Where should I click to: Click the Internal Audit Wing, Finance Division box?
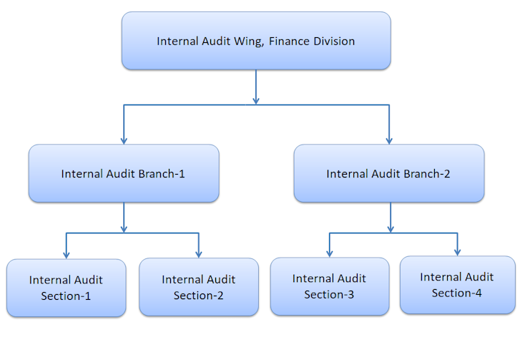pos(256,41)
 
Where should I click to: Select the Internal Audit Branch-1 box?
pos(124,173)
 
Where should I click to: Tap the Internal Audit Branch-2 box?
pos(389,173)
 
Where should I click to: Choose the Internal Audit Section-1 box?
pos(66,288)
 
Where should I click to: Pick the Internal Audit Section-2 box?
pos(199,287)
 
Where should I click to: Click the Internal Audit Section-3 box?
pos(330,286)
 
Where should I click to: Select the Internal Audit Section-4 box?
pos(457,285)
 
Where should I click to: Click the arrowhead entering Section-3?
pos(330,252)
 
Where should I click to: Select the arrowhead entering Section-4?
pos(457,250)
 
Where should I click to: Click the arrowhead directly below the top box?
pos(256,99)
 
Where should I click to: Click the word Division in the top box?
pos(334,41)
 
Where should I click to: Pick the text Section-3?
pos(330,293)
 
